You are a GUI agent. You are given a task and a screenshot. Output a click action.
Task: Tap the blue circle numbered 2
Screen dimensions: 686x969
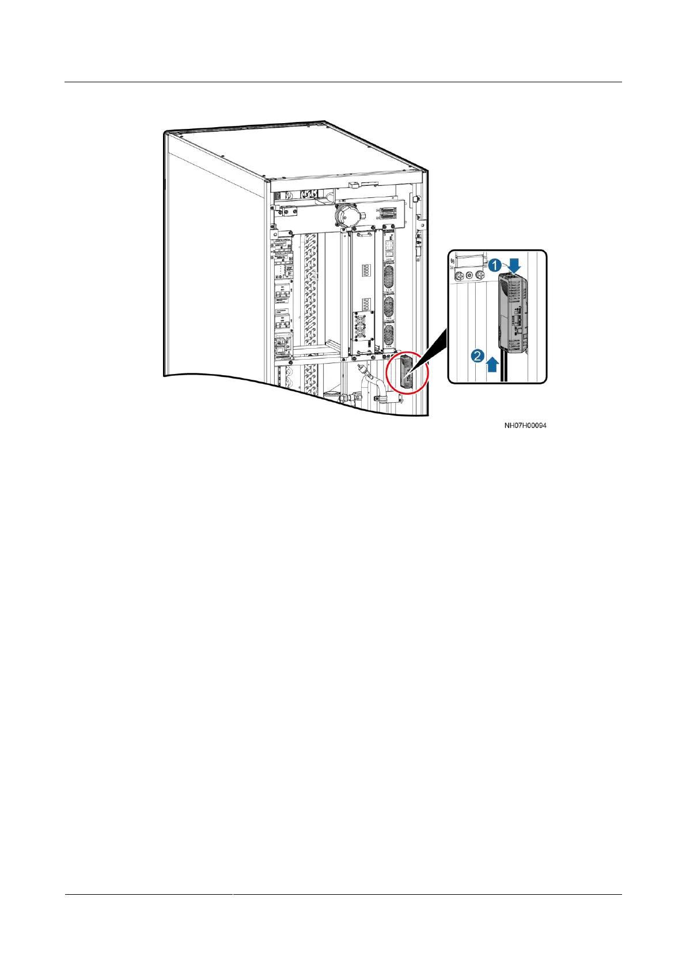[477, 357]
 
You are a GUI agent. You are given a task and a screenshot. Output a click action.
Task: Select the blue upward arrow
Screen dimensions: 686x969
[492, 364]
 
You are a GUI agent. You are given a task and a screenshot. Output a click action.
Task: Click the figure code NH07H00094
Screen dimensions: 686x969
[525, 426]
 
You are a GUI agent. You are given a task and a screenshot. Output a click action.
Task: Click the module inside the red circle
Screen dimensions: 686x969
[405, 371]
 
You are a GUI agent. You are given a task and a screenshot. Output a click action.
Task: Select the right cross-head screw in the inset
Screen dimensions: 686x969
[479, 277]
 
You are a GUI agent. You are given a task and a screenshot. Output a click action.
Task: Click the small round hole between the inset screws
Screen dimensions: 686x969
[469, 276]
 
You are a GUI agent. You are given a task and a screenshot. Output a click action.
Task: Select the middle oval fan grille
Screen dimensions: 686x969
[389, 304]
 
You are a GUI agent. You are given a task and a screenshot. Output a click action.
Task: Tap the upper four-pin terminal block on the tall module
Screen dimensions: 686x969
[365, 269]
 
